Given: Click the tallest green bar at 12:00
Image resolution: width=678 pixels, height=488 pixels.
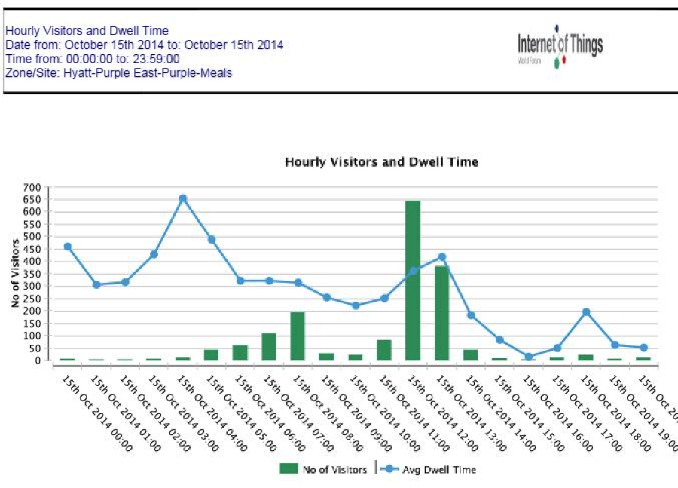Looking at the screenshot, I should (413, 280).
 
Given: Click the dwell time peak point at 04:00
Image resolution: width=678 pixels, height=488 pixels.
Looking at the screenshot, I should (182, 198).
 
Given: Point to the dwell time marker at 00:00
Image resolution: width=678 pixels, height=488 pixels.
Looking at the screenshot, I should (68, 247).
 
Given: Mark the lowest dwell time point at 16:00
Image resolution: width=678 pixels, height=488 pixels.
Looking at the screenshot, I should (528, 357).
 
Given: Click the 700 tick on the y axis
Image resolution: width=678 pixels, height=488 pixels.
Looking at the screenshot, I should (32, 188).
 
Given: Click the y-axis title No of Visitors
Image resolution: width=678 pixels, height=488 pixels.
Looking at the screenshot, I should (14, 272).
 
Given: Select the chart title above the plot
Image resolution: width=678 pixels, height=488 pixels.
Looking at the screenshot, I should (381, 162).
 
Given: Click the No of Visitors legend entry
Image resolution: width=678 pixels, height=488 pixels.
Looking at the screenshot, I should (323, 469).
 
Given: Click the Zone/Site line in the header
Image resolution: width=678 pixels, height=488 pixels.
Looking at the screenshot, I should (119, 73).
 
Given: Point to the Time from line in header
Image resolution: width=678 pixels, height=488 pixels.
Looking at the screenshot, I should (93, 59).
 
